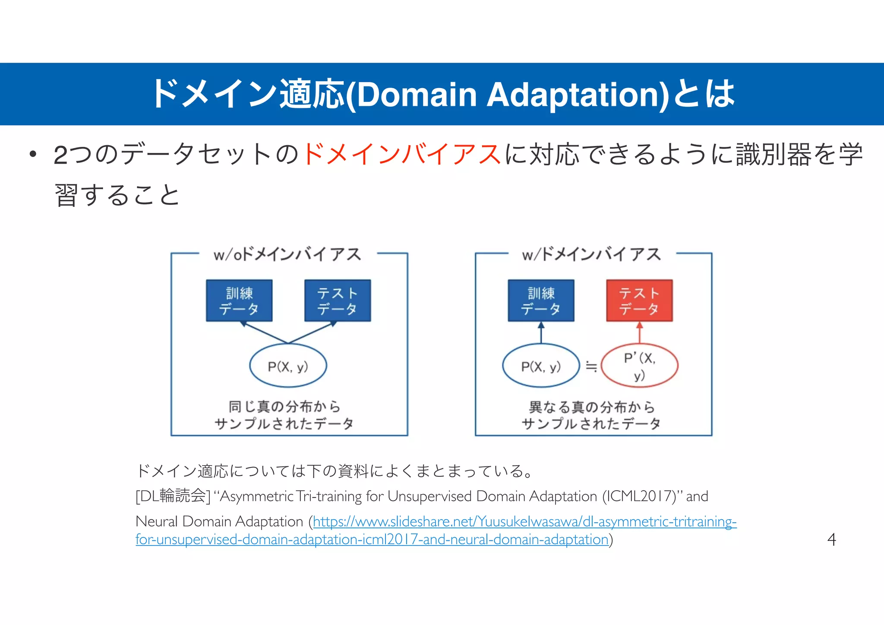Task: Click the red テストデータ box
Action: tap(639, 301)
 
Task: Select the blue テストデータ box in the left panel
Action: tap(338, 301)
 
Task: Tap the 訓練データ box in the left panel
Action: tap(239, 301)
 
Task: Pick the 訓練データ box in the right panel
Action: tap(541, 301)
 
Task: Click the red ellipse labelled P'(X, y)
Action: tap(639, 366)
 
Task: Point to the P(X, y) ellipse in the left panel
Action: tap(288, 366)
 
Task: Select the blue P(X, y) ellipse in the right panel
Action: tap(541, 366)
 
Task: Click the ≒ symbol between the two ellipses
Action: tap(591, 367)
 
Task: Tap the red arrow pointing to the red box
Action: tap(640, 332)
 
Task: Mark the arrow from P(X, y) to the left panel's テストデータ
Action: tap(313, 332)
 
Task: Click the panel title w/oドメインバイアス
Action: tap(287, 254)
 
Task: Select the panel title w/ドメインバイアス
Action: tap(591, 254)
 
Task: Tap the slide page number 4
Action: tap(831, 539)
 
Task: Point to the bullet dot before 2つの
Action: tap(32, 154)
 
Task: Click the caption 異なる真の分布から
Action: tap(591, 407)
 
